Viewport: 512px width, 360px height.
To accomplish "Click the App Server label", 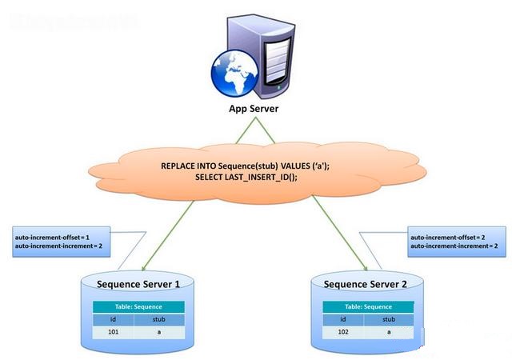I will pyautogui.click(x=255, y=109).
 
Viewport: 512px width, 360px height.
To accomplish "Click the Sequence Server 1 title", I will pyautogui.click(x=138, y=284).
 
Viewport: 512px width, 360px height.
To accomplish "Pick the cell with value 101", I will pyautogui.click(x=114, y=330).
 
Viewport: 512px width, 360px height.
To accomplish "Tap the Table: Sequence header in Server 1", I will pyautogui.click(x=138, y=306).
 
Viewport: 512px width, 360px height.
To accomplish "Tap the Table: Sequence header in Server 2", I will pyautogui.click(x=368, y=306).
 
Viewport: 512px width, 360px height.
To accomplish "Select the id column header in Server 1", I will pyautogui.click(x=114, y=318).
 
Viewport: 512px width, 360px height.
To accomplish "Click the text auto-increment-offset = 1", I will pyautogui.click(x=52, y=238).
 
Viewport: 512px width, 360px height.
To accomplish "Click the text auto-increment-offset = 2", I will pyautogui.click(x=447, y=238).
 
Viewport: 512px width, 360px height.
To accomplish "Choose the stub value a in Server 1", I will pyautogui.click(x=161, y=330).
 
